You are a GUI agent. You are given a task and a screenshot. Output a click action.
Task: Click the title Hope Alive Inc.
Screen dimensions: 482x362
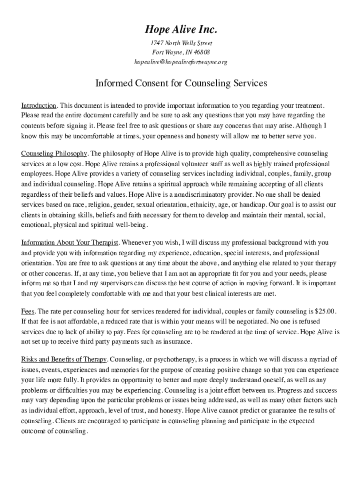[181, 30]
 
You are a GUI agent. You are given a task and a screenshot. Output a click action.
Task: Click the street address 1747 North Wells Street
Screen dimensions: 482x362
[181, 43]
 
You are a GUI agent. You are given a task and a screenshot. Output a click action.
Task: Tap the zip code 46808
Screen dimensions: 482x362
[201, 52]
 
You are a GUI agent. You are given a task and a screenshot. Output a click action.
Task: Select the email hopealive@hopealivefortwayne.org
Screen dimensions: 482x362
[181, 62]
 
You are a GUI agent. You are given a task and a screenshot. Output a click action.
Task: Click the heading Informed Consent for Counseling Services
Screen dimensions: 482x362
[181, 83]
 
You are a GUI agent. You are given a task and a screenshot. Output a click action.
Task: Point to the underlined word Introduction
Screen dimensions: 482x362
[39, 105]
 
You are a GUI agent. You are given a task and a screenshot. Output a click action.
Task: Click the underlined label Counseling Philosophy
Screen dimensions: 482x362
[54, 154]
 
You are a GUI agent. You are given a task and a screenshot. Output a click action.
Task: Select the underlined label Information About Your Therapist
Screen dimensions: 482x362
[70, 242]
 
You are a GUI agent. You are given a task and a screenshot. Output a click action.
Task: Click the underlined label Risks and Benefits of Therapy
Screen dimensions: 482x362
[64, 359]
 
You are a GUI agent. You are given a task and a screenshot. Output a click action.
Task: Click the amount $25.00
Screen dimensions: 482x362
[325, 312]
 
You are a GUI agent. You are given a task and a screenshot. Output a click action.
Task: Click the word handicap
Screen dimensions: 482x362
[253, 205]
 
